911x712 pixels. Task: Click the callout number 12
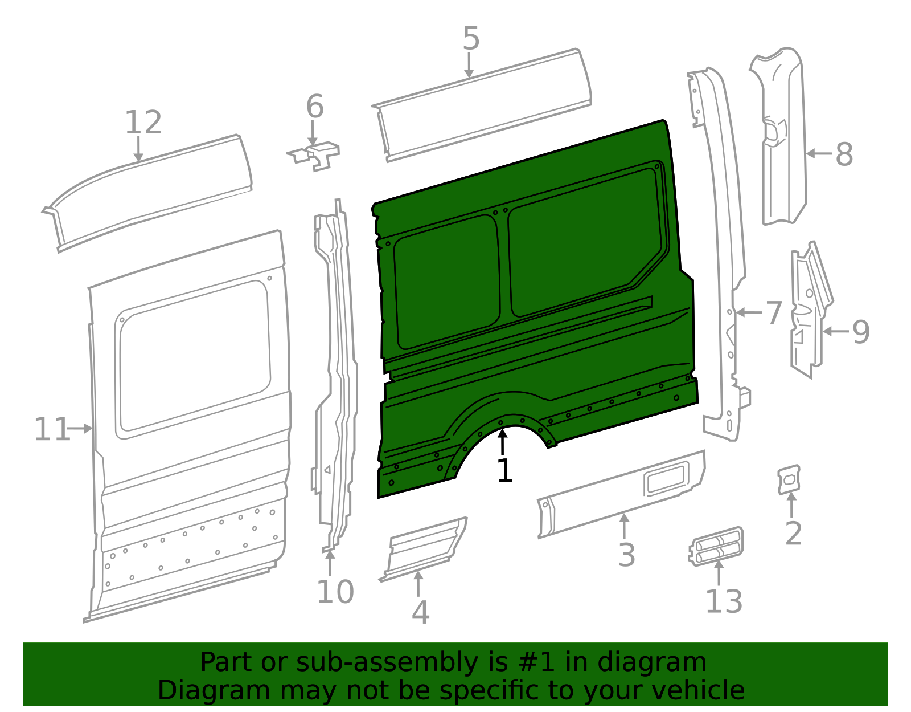[143, 123]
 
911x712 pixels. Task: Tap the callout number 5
[471, 39]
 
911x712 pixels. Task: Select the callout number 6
[315, 107]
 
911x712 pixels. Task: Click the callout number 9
[861, 332]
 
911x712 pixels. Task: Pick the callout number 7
[773, 313]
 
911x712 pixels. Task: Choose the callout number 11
[51, 429]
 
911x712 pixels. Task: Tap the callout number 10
[335, 592]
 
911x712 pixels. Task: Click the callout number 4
[420, 613]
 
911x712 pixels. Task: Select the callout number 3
[626, 555]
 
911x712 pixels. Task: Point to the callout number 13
[724, 602]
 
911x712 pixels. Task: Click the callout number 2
[793, 534]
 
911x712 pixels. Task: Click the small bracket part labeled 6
[315, 156]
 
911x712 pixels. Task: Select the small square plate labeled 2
[789, 479]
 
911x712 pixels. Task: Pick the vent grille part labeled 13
[717, 546]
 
